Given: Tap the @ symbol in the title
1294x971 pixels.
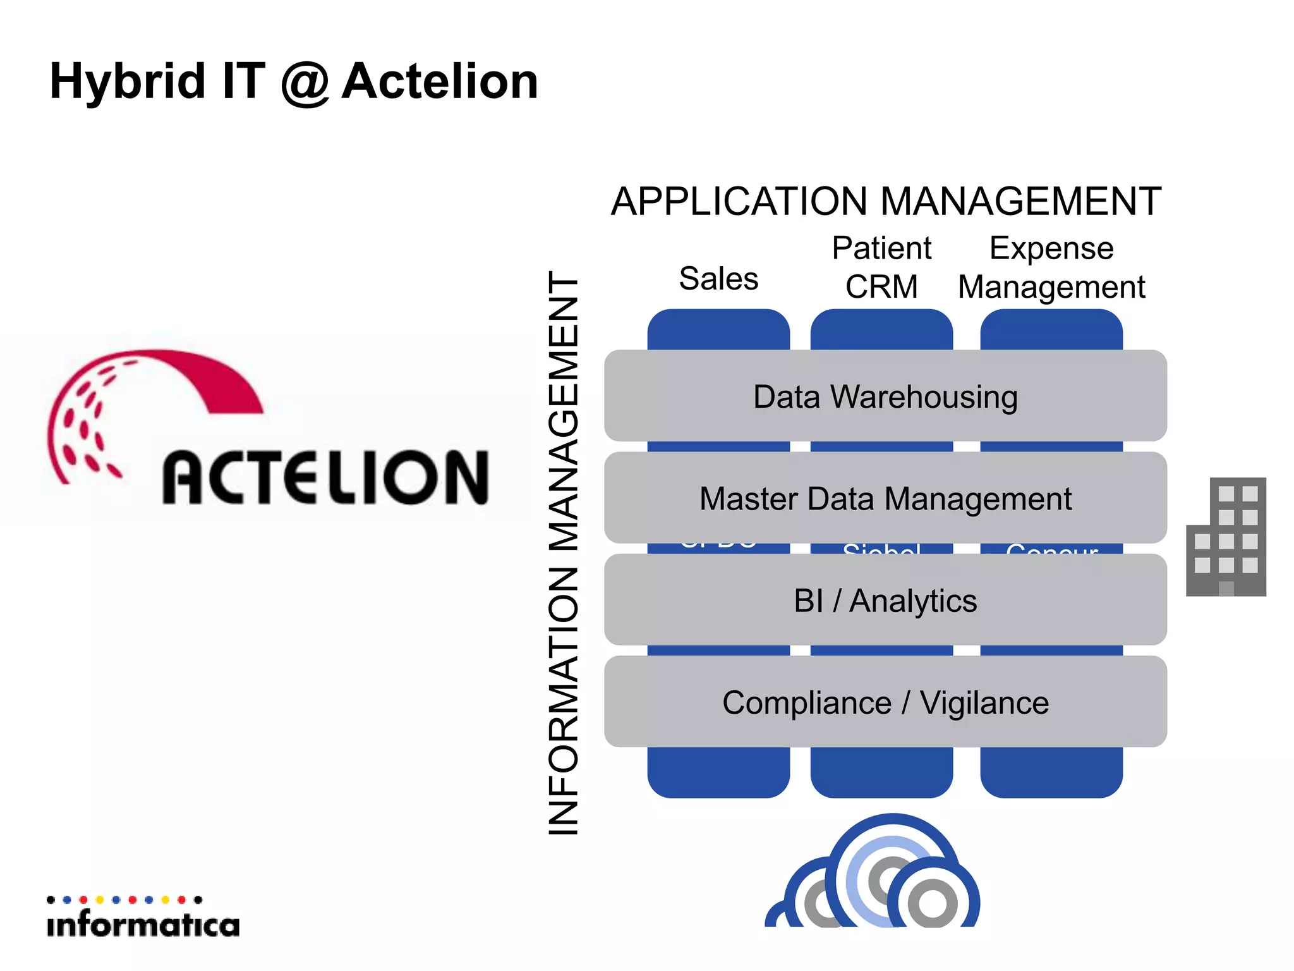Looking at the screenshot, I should click(x=305, y=83).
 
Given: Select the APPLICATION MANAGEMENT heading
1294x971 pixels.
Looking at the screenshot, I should click(x=886, y=202).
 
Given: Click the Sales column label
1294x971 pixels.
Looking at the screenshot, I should click(x=718, y=279).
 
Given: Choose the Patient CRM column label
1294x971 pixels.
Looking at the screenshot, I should click(x=881, y=267).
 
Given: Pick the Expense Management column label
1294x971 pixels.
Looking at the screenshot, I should click(x=1051, y=267).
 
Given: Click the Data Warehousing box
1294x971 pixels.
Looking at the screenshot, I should click(x=885, y=396).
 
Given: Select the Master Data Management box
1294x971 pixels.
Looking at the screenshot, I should click(x=885, y=498).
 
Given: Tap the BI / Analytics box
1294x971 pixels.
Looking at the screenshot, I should click(x=885, y=601).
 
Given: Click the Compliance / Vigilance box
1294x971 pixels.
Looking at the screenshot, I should click(x=885, y=702).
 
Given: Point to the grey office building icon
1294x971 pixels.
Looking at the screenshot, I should click(x=1226, y=537).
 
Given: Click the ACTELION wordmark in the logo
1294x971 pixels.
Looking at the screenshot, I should click(x=325, y=477).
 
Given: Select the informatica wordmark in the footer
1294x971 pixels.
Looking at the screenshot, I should click(x=143, y=925).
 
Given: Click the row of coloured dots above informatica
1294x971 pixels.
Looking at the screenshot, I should click(x=124, y=900).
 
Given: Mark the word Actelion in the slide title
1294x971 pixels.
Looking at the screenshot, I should click(x=440, y=82).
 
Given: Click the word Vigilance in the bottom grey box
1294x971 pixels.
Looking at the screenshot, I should click(x=984, y=703).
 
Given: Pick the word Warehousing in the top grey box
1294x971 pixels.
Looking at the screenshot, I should click(x=924, y=397).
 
